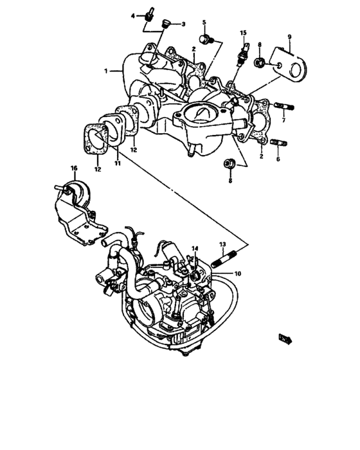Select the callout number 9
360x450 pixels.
(289, 37)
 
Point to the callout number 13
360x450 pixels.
(222, 244)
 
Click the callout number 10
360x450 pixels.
(237, 274)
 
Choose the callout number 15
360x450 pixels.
(244, 32)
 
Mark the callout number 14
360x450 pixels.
(195, 248)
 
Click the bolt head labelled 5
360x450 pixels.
(204, 40)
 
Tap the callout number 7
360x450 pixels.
(282, 120)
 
